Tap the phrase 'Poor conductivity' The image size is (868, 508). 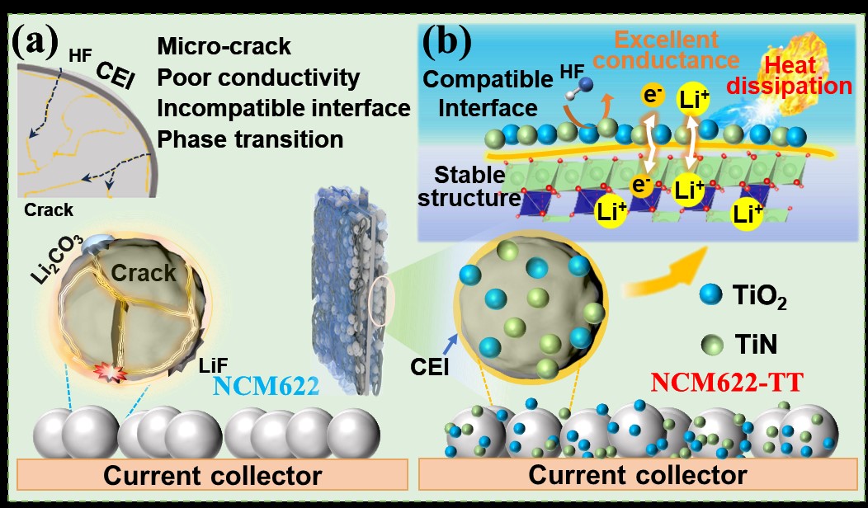coord(257,78)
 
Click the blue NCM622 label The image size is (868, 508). coord(265,383)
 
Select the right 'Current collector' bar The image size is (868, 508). coord(638,475)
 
